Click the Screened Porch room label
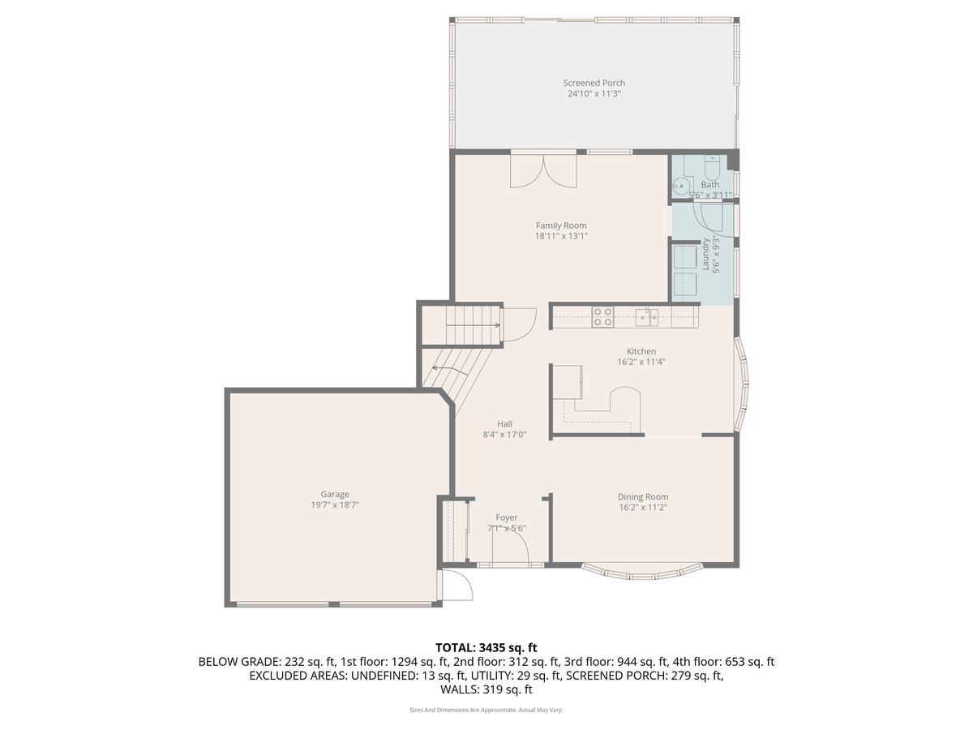pyautogui.click(x=594, y=83)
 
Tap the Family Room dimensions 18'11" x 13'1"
pyautogui.click(x=560, y=236)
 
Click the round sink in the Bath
pyautogui.click(x=683, y=186)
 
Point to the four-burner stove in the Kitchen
pyautogui.click(x=602, y=316)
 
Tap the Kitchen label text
pyautogui.click(x=641, y=351)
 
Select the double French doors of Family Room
pyautogui.click(x=542, y=170)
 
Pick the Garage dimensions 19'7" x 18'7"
pyautogui.click(x=335, y=505)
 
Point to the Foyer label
pyautogui.click(x=507, y=517)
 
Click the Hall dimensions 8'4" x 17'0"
pyautogui.click(x=504, y=434)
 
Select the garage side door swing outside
pyautogui.click(x=455, y=586)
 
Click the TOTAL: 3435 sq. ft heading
pyautogui.click(x=486, y=647)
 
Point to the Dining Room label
pyautogui.click(x=643, y=496)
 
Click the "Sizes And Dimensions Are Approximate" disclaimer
pyautogui.click(x=486, y=710)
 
